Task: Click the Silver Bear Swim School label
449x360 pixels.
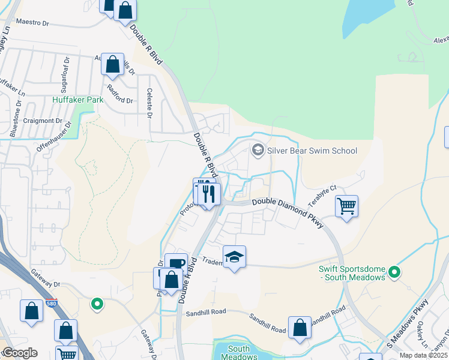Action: click(x=312, y=151)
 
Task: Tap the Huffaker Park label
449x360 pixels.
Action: click(x=74, y=100)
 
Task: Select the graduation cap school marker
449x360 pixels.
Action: click(x=234, y=257)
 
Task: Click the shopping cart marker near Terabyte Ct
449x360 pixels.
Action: click(x=346, y=206)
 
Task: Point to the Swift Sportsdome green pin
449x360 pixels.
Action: click(x=394, y=273)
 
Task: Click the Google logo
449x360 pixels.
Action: click(x=19, y=353)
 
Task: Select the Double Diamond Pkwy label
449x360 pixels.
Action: click(x=288, y=211)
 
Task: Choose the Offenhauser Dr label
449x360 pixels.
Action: click(x=53, y=137)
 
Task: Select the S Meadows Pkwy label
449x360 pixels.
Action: click(x=409, y=324)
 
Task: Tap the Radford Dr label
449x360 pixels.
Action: click(x=118, y=94)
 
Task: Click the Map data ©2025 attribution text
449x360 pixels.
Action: click(x=424, y=355)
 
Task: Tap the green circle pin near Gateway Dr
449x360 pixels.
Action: click(x=97, y=304)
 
